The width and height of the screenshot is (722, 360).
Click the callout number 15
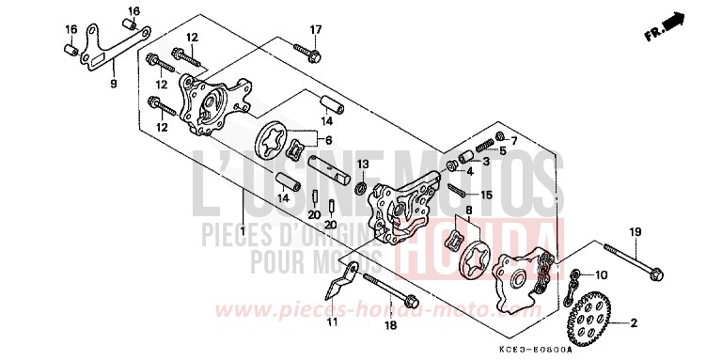[x=486, y=196]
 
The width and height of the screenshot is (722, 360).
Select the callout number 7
[x=513, y=141]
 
